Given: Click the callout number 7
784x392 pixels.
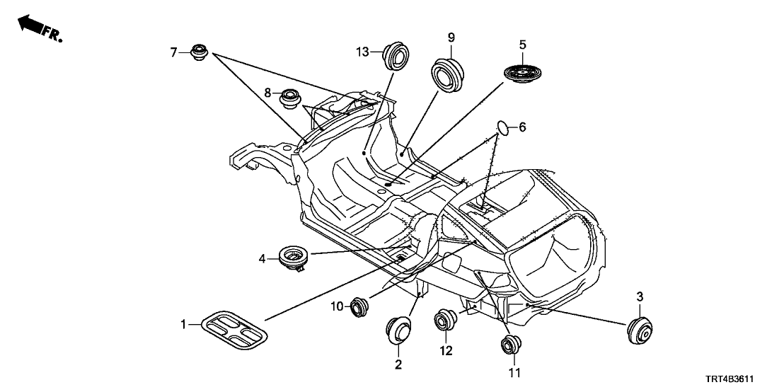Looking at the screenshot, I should tap(173, 52).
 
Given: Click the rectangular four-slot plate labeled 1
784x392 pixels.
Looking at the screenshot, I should tap(232, 330).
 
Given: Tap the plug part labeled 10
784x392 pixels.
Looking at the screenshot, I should tap(360, 306).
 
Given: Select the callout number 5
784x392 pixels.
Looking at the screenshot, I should tap(522, 45).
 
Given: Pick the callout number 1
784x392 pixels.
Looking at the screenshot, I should tap(183, 325).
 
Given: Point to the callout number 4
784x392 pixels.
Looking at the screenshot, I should tap(262, 260).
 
